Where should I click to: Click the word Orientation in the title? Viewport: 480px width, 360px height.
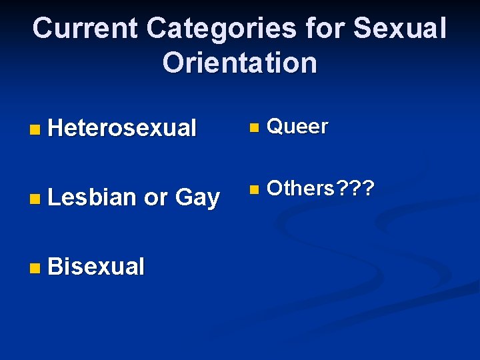point(240,63)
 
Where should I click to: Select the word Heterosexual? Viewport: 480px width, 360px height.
point(122,127)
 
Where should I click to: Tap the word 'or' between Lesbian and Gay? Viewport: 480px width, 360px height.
point(155,198)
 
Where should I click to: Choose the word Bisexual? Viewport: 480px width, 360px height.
point(96,267)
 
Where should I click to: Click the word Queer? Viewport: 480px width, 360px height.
point(297,127)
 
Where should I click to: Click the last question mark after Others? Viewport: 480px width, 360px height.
point(367,189)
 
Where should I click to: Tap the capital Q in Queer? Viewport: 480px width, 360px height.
point(274,127)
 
